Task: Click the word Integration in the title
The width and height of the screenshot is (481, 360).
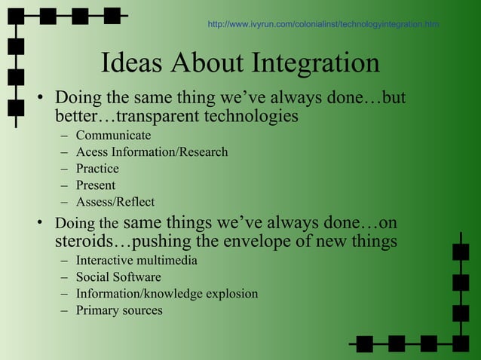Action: (317, 64)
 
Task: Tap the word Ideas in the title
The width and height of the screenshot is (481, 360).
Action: (133, 64)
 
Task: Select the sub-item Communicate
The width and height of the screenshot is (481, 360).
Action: (113, 136)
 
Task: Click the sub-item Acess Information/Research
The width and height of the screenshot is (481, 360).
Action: (152, 152)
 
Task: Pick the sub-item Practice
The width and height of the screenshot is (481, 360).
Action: (97, 169)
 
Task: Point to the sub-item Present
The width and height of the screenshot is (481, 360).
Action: (96, 185)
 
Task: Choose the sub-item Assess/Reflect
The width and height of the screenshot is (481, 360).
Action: (115, 202)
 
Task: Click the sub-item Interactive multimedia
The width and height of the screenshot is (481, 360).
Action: (136, 261)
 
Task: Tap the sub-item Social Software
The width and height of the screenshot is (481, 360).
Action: (118, 277)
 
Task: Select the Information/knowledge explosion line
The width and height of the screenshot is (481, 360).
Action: (167, 294)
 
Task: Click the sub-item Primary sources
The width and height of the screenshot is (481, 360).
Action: (119, 310)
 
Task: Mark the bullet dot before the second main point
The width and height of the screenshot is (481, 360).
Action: (42, 224)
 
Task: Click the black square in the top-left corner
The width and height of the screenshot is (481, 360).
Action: (16, 16)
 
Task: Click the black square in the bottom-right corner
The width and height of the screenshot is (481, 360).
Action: (461, 343)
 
